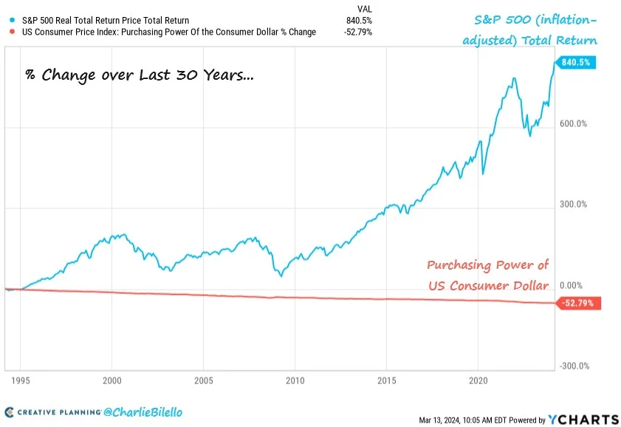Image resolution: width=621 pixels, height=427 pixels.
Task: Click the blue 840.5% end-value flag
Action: coord(577,63)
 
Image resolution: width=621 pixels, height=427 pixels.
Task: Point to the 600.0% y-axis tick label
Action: coord(574,124)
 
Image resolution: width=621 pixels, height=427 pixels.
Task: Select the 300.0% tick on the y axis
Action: coord(574,205)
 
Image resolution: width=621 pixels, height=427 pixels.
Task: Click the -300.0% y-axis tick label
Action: coord(573,366)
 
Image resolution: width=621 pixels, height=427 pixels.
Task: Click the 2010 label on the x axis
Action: coord(295,381)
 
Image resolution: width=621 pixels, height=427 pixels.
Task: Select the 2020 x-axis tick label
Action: coord(478,381)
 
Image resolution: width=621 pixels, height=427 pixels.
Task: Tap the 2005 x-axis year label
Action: coord(203,381)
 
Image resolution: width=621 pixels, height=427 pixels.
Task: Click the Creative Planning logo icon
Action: coord(10,411)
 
